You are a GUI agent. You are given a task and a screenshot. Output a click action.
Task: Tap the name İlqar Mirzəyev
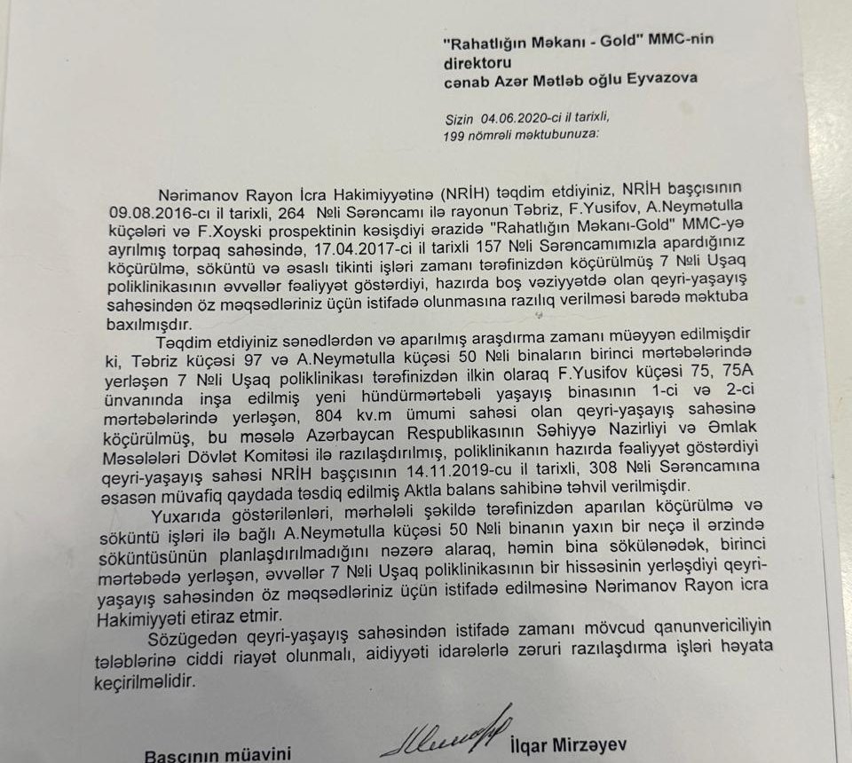[x=567, y=743]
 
